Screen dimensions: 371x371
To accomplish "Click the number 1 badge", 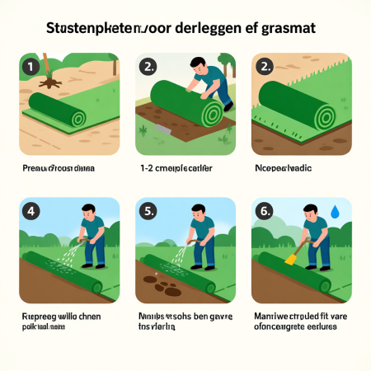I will tap(31, 66).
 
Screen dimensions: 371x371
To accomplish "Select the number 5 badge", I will tap(150, 211).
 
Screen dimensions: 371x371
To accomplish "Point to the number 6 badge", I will tap(265, 211).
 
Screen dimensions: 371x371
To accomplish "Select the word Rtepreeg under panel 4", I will tap(37, 316).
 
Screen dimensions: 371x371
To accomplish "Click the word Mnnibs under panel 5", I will tap(151, 316).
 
